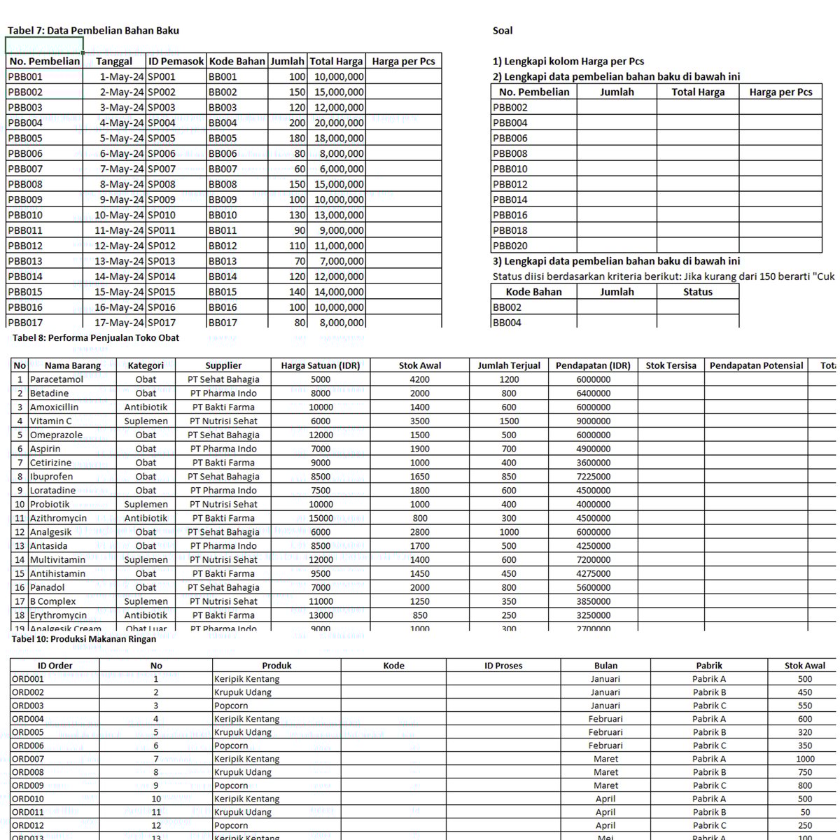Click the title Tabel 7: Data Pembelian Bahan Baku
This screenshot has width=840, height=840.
pyautogui.click(x=93, y=31)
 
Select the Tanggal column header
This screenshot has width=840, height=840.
pyautogui.click(x=114, y=62)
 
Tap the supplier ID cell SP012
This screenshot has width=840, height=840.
pyautogui.click(x=162, y=246)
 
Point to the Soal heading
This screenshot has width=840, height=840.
pyautogui.click(x=503, y=31)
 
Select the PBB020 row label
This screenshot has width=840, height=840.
pyautogui.click(x=510, y=246)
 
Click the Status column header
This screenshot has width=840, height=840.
pyautogui.click(x=697, y=293)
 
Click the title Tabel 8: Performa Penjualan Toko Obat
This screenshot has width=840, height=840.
pyautogui.click(x=96, y=338)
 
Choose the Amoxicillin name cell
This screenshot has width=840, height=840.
pyautogui.click(x=54, y=407)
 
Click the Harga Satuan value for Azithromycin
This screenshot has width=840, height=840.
pyautogui.click(x=321, y=519)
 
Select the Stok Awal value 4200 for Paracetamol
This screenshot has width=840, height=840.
pyautogui.click(x=420, y=380)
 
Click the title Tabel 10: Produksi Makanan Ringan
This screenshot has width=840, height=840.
pyautogui.click(x=83, y=639)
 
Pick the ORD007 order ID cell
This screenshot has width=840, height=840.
pyautogui.click(x=28, y=759)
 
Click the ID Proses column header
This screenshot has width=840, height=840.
pyautogui.click(x=503, y=666)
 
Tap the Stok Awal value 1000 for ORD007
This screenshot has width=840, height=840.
pyautogui.click(x=805, y=759)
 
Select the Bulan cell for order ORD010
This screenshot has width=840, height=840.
pyautogui.click(x=605, y=799)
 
